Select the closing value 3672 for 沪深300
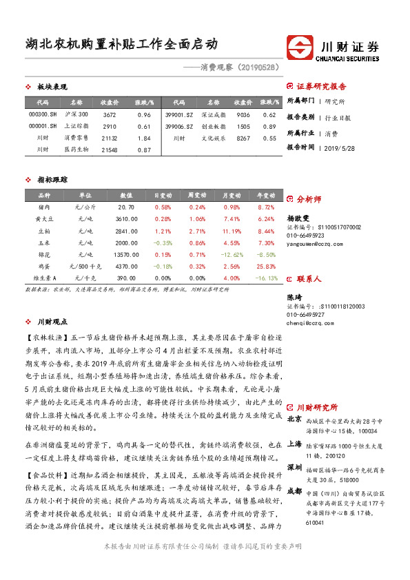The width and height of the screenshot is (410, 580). point(110,114)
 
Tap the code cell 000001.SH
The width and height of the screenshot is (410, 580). point(43,127)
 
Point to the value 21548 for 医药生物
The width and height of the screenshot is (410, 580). point(110,149)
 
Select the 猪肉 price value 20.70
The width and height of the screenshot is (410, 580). point(126,207)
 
